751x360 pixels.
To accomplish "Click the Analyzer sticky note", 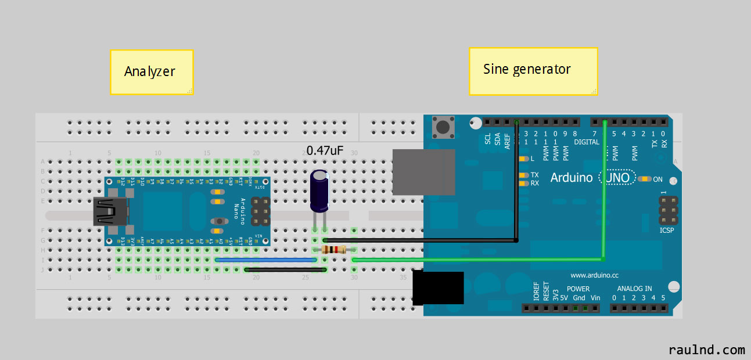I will point(151,72).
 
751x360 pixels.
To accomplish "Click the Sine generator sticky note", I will point(533,71).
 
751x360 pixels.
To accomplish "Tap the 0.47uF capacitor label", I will point(325,150).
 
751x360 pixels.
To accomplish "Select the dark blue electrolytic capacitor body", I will point(320,190).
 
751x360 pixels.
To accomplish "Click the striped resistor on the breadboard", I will point(333,250).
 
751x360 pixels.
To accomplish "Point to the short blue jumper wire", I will point(267,260).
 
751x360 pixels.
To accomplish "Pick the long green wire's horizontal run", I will point(476,260).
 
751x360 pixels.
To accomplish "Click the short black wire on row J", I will point(285,269).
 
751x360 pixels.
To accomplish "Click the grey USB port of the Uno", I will point(423,172).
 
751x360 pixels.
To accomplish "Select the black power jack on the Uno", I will point(438,288).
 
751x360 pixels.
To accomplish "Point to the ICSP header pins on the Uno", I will point(667,211).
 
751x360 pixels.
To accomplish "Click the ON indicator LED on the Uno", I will point(644,179).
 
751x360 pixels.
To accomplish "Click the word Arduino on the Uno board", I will point(572,177).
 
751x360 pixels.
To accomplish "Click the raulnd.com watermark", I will point(706,350).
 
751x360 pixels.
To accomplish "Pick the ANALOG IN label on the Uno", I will point(634,289).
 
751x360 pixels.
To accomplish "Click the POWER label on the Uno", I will point(578,289).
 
